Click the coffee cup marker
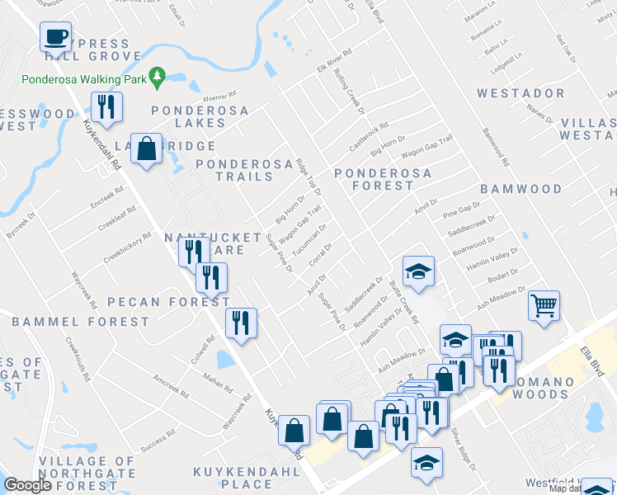pos(56,37)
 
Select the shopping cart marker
pos(544,306)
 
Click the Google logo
pos(28,485)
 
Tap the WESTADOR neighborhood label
pos(520,93)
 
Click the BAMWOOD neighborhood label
pos(520,189)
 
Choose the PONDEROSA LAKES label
pos(188,116)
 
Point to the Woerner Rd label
pos(219,96)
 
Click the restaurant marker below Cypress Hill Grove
pos(106,106)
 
